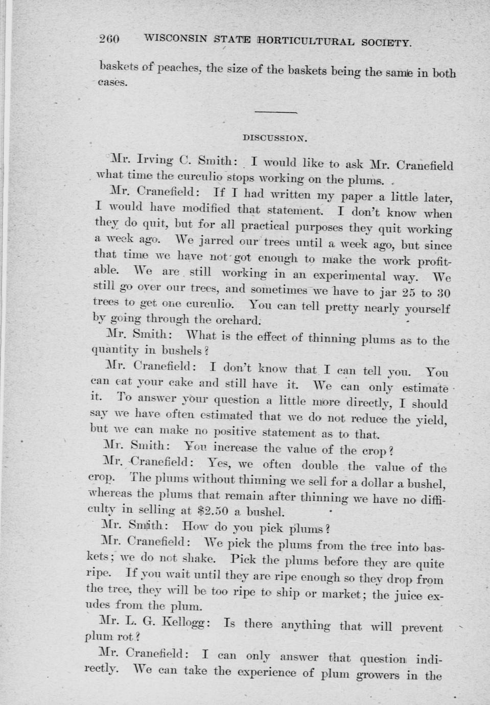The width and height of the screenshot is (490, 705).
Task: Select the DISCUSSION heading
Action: [x=274, y=137]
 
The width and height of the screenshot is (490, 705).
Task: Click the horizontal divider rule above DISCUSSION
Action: [x=275, y=112]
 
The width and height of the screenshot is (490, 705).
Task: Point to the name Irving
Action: [x=150, y=160]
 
